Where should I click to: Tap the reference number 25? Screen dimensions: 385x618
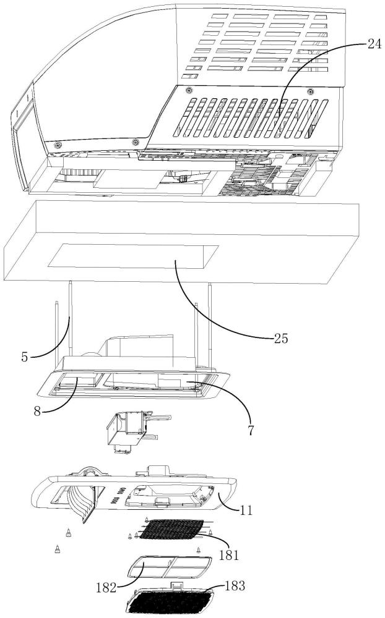coord(281,338)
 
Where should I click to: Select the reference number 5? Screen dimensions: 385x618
coord(25,357)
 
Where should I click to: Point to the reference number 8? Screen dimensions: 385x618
coord(37,411)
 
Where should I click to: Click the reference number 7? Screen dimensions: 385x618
coord(250,430)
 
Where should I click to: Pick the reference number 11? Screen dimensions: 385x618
coord(246,510)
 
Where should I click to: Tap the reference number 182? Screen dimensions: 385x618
coord(106,587)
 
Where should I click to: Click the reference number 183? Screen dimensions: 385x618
coord(235,586)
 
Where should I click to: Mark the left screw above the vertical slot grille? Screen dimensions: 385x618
coord(189,90)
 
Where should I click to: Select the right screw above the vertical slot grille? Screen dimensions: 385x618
coord(310,92)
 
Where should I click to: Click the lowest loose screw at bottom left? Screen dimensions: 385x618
coord(58,548)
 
